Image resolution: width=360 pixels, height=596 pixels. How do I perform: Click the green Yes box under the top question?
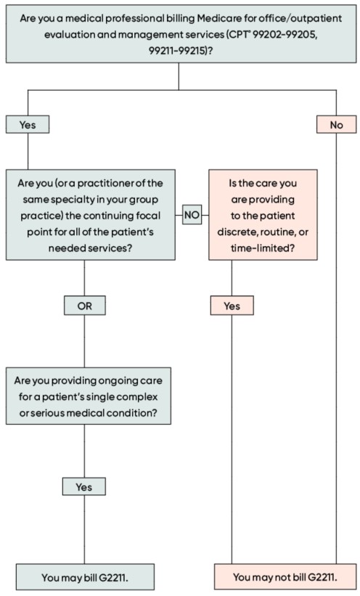click(x=28, y=125)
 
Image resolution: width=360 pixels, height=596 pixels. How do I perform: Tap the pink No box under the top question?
click(x=337, y=125)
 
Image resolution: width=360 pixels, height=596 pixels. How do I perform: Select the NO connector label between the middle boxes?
click(x=192, y=215)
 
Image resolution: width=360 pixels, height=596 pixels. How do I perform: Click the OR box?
click(x=84, y=306)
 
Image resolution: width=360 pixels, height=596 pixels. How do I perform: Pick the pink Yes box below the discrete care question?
click(x=232, y=306)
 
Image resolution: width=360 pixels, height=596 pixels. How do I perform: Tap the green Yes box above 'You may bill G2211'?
click(x=84, y=487)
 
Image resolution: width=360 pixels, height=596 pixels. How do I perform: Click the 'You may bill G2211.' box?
click(x=85, y=577)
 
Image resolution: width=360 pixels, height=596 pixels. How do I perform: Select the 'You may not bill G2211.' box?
click(x=285, y=577)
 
